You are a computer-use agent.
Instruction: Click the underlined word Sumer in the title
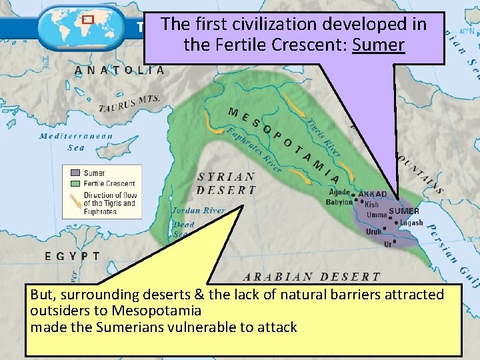[x=378, y=45]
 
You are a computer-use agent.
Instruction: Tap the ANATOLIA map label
[x=120, y=70]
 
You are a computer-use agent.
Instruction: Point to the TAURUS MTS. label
[x=129, y=104]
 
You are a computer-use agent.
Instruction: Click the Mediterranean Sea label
[x=75, y=142]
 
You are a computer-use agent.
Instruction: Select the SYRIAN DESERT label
[x=227, y=183]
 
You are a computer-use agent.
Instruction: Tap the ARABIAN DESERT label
[x=311, y=277]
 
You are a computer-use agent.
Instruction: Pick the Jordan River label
[x=198, y=210]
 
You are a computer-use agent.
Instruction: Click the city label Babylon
[x=339, y=203]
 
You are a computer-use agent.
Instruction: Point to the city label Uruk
[x=373, y=232]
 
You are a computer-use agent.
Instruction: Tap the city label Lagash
[x=411, y=223]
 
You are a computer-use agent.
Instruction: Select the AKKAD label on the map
[x=373, y=195]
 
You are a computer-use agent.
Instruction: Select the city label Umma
[x=377, y=215]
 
